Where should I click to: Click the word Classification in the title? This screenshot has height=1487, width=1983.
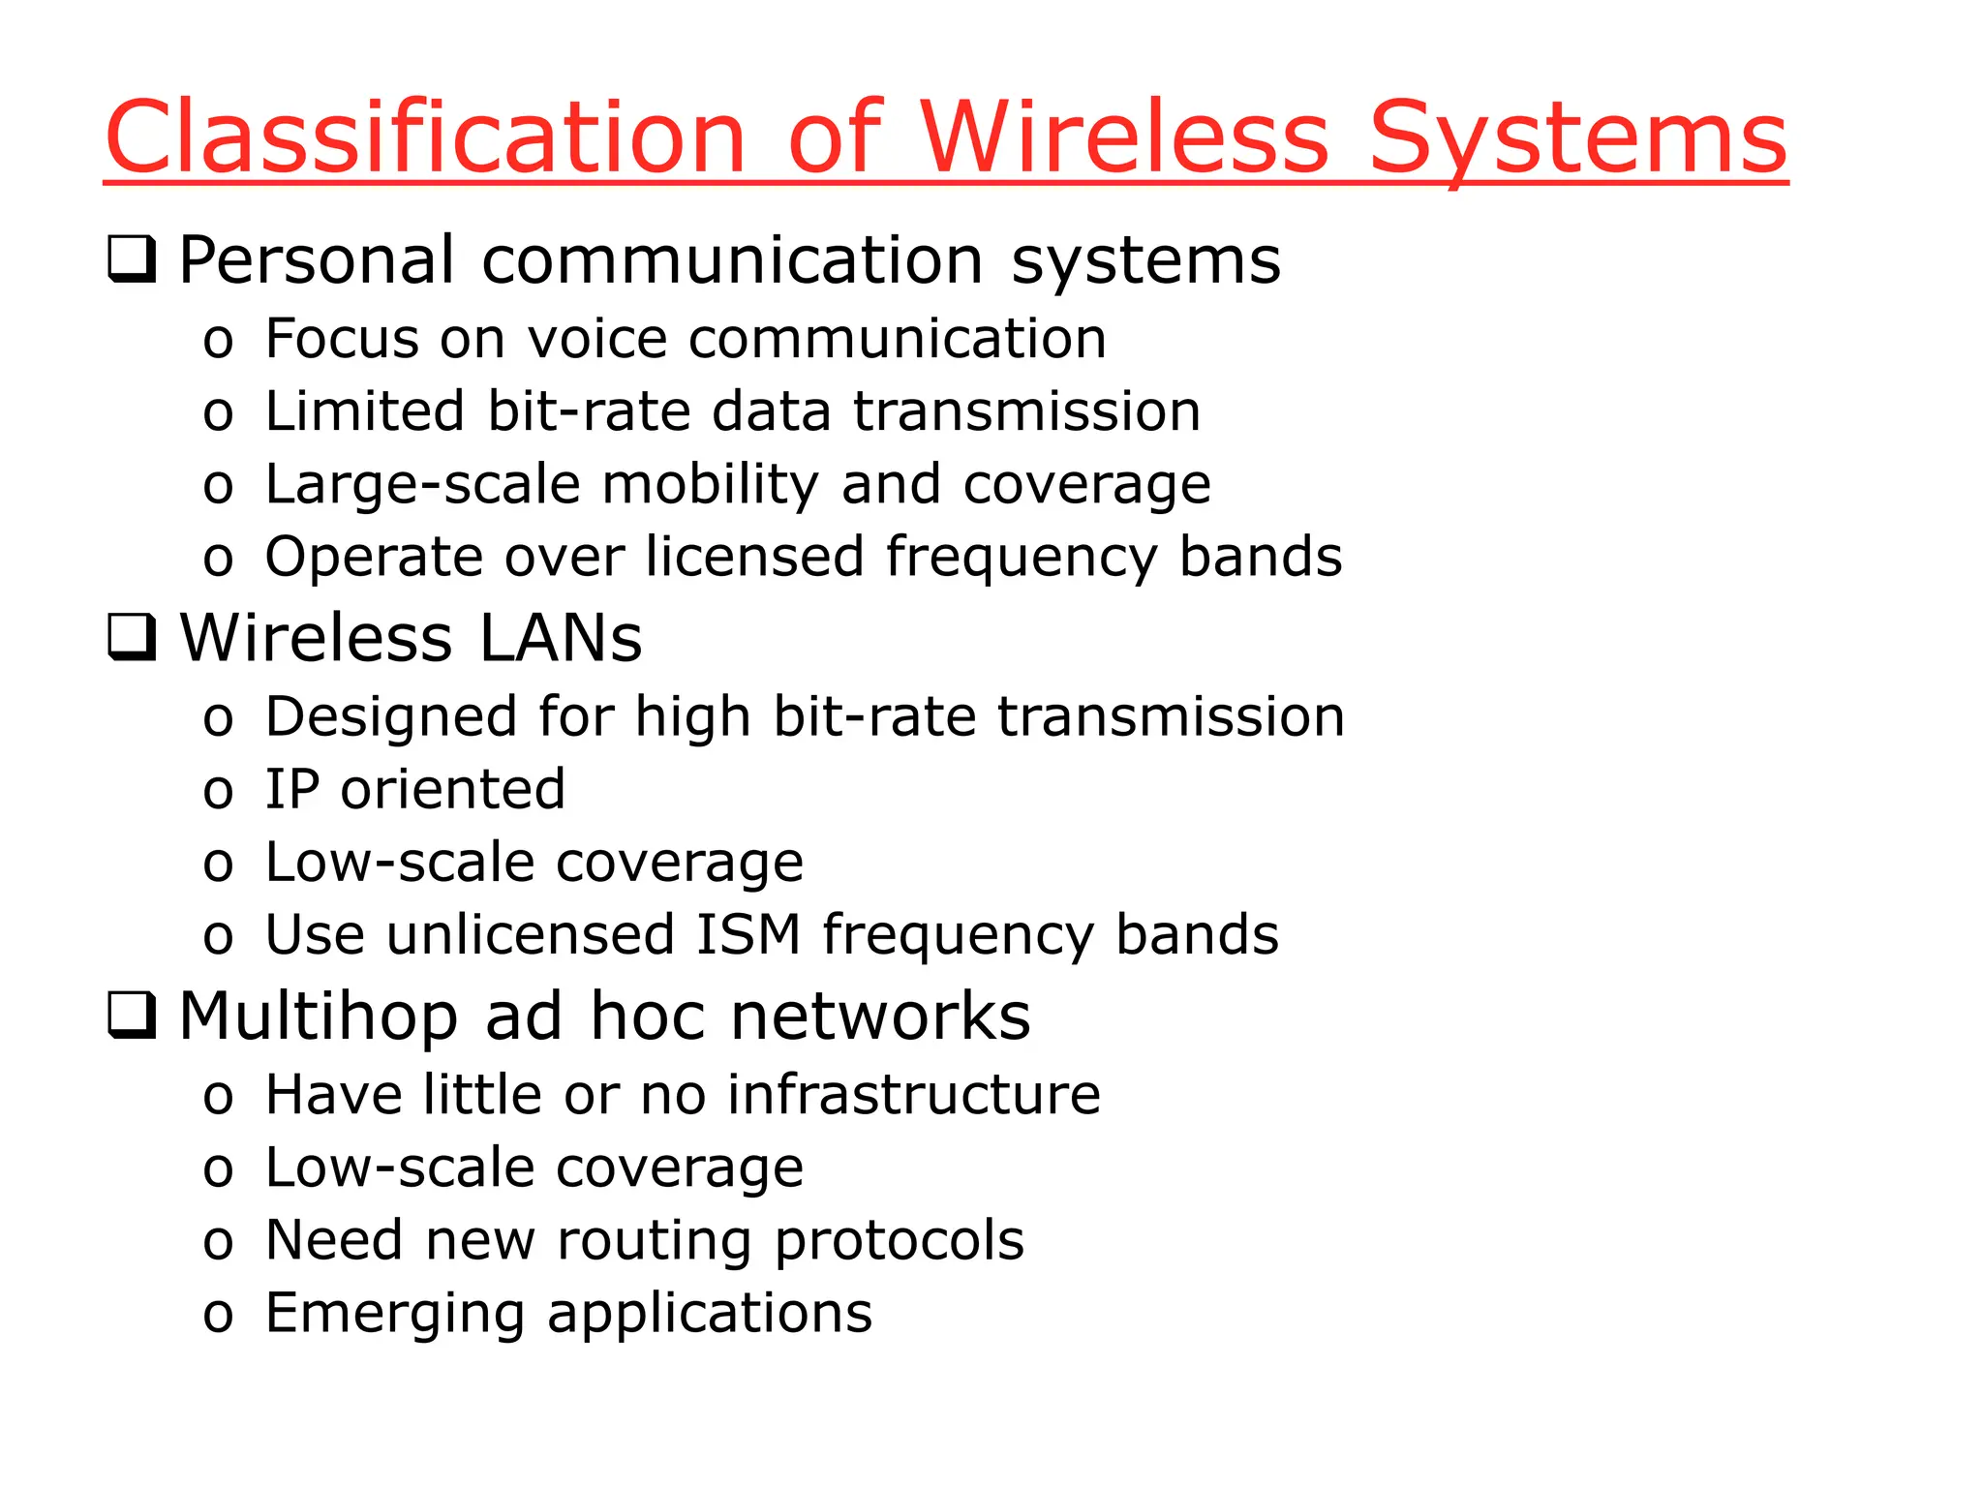pyautogui.click(x=426, y=137)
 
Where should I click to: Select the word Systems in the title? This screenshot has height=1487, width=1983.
pyautogui.click(x=1577, y=137)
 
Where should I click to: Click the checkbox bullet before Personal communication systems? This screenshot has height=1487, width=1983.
pyautogui.click(x=131, y=259)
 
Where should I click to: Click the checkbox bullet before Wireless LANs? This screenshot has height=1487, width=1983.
pyautogui.click(x=131, y=637)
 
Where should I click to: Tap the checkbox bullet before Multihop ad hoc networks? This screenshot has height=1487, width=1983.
pyautogui.click(x=131, y=1016)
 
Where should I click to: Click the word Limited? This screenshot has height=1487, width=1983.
pyautogui.click(x=364, y=410)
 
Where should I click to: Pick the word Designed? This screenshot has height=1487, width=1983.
pyautogui.click(x=391, y=716)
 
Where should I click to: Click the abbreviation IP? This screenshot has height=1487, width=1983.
pyautogui.click(x=291, y=789)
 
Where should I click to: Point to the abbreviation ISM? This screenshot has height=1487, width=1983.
pyautogui.click(x=748, y=935)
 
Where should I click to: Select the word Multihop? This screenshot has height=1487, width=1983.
pyautogui.click(x=319, y=1017)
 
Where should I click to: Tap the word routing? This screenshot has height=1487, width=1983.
pyautogui.click(x=655, y=1241)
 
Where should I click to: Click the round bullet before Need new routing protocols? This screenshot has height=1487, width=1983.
pyautogui.click(x=218, y=1244)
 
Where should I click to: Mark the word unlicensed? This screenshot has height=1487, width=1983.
pyautogui.click(x=531, y=935)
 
